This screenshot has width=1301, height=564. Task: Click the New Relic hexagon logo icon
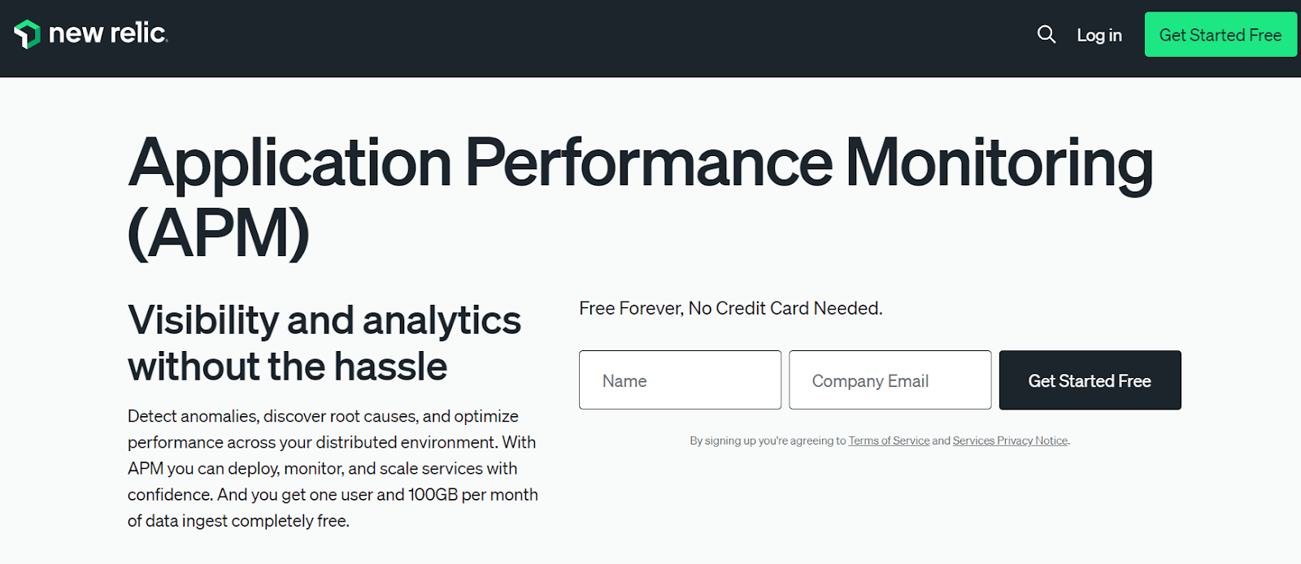pyautogui.click(x=27, y=34)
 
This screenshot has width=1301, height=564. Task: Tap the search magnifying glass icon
pyautogui.click(x=1046, y=34)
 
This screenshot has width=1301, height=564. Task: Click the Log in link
pyautogui.click(x=1099, y=35)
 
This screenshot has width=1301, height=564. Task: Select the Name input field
pyautogui.click(x=680, y=380)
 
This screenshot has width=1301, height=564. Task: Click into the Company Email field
pyautogui.click(x=890, y=380)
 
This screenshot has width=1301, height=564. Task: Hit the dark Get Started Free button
pyautogui.click(x=1090, y=380)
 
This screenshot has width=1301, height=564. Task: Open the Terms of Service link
pyautogui.click(x=889, y=440)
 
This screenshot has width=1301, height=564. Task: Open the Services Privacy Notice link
pyautogui.click(x=1010, y=440)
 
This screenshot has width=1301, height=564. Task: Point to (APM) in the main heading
pyautogui.click(x=219, y=234)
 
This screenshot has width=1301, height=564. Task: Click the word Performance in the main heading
pyautogui.click(x=648, y=164)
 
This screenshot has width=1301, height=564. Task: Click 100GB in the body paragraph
pyautogui.click(x=433, y=494)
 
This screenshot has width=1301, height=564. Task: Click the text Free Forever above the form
pyautogui.click(x=630, y=309)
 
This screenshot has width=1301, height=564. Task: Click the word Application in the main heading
pyautogui.click(x=289, y=164)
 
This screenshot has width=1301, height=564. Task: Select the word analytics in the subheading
pyautogui.click(x=441, y=320)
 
